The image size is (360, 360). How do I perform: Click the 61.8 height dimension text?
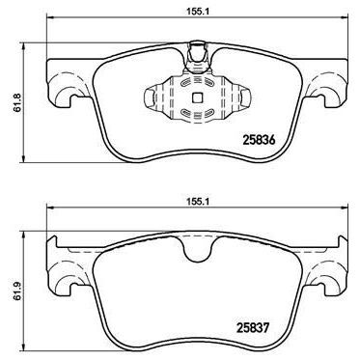pyautogui.click(x=11, y=98)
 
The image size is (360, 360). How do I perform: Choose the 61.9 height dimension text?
pyautogui.click(x=11, y=287)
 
